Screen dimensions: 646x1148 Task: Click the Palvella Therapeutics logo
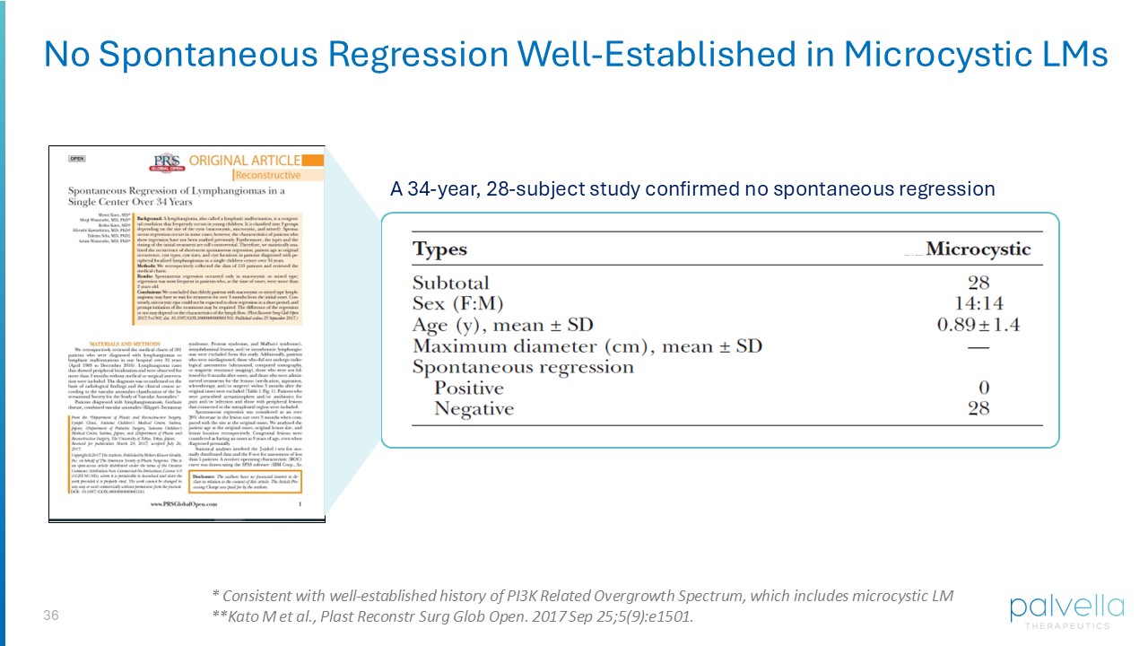(x=1065, y=610)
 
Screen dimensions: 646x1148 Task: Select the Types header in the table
(x=439, y=249)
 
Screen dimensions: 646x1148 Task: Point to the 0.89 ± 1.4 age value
(x=978, y=325)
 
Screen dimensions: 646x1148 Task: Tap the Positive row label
(x=470, y=388)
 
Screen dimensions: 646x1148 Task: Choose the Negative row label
(x=474, y=409)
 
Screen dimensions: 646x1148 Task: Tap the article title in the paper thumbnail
(x=177, y=196)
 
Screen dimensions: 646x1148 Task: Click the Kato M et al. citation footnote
(x=452, y=616)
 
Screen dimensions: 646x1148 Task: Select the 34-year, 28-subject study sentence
(x=691, y=189)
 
